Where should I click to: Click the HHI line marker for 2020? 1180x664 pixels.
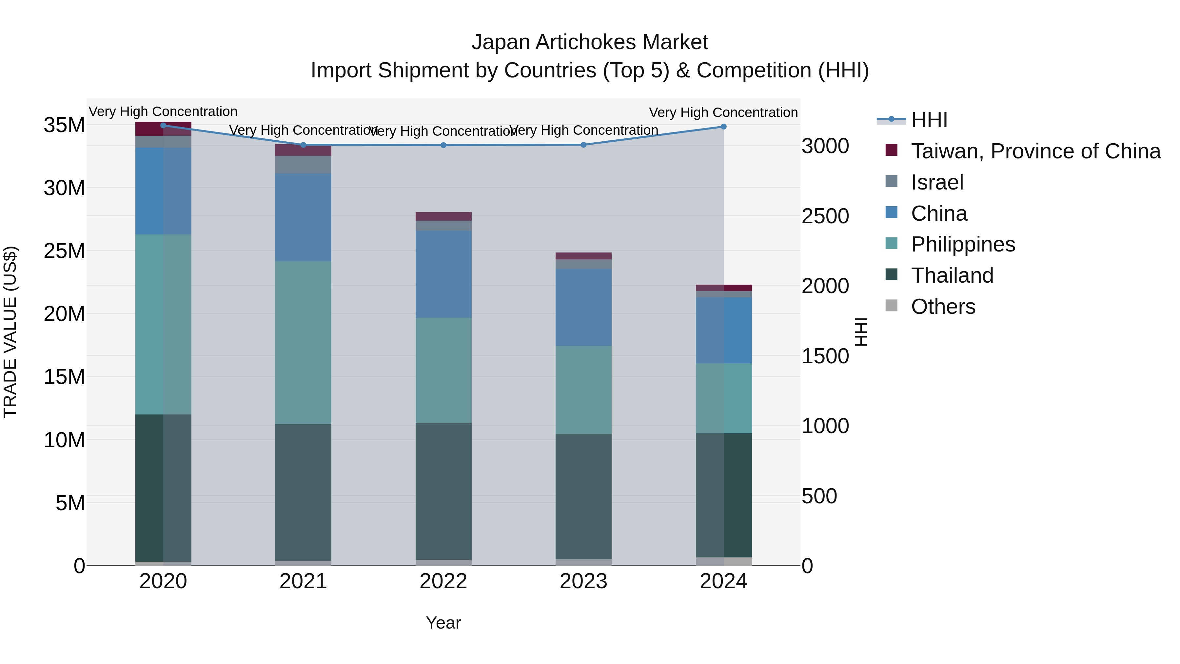click(x=163, y=126)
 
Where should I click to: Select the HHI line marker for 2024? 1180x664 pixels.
click(x=723, y=127)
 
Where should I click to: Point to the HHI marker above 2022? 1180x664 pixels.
click(x=443, y=145)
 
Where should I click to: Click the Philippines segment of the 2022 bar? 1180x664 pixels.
click(x=443, y=370)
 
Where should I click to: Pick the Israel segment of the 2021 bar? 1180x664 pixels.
click(x=303, y=165)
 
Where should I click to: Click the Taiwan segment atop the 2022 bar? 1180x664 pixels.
click(x=443, y=216)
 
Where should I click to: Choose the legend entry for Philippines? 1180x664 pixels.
click(x=962, y=244)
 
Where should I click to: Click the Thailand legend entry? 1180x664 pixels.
click(x=952, y=275)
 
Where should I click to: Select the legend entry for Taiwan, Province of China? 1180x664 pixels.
click(x=1035, y=151)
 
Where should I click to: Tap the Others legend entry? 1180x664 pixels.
click(x=943, y=307)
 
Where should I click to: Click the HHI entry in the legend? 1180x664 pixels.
click(x=929, y=120)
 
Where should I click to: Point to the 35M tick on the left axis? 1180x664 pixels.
click(x=64, y=125)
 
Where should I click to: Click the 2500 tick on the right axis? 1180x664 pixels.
click(x=825, y=216)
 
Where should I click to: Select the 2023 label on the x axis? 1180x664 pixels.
click(x=583, y=581)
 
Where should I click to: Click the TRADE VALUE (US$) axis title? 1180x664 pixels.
click(x=10, y=332)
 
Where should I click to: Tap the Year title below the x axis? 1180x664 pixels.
click(x=443, y=623)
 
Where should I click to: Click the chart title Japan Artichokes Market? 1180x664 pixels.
click(x=590, y=42)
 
